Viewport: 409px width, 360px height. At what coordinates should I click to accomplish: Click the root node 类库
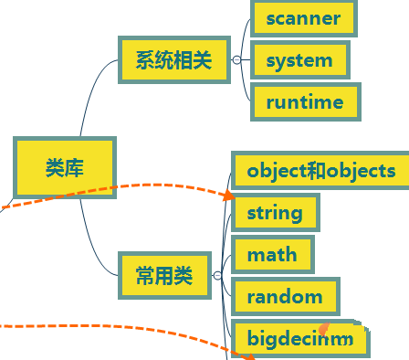[x=65, y=168]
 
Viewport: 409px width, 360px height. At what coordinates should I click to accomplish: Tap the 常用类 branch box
[x=164, y=275]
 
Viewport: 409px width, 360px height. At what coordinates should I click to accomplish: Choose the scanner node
[x=303, y=18]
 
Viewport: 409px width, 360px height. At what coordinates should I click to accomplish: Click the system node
[x=299, y=60]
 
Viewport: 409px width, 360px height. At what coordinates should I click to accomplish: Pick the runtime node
[x=305, y=102]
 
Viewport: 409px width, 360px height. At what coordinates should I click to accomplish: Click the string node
[x=275, y=213]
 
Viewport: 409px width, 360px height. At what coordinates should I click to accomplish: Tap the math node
[x=272, y=255]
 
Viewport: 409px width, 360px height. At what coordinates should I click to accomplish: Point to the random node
[x=285, y=297]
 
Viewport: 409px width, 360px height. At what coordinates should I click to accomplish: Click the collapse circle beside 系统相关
[x=236, y=60]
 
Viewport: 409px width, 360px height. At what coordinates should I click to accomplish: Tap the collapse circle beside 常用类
[x=216, y=275]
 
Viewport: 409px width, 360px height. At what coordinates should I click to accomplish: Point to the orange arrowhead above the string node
[x=228, y=195]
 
